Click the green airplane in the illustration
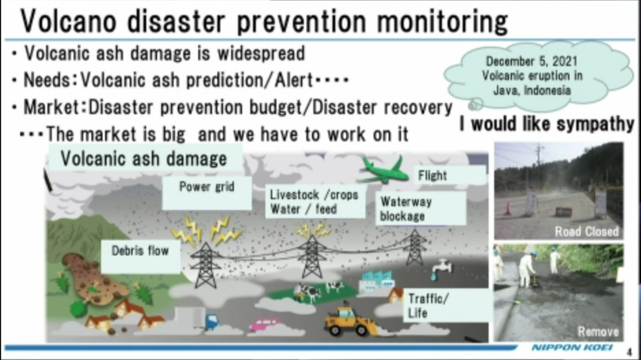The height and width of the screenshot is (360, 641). tap(382, 171)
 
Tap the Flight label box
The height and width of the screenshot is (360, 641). tap(450, 175)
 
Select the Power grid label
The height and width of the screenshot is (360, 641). tap(207, 193)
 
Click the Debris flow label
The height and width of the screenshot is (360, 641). tap(140, 256)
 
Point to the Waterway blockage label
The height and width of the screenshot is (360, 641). tap(421, 209)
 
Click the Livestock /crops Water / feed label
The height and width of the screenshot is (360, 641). tap(315, 201)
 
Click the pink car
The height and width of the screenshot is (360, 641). tap(265, 324)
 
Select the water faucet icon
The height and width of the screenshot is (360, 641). tap(441, 268)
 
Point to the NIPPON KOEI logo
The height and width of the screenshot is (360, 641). tap(573, 347)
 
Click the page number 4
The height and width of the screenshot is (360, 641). tap(629, 352)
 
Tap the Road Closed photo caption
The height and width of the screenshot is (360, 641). tap(587, 231)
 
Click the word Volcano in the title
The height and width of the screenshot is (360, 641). tap(68, 21)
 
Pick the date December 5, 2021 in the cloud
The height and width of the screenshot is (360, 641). tap(532, 61)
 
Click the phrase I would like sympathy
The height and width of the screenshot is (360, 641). tap(547, 124)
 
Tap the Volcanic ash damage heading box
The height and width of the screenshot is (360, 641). tap(145, 159)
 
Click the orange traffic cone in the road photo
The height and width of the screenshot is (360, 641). tap(507, 208)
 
